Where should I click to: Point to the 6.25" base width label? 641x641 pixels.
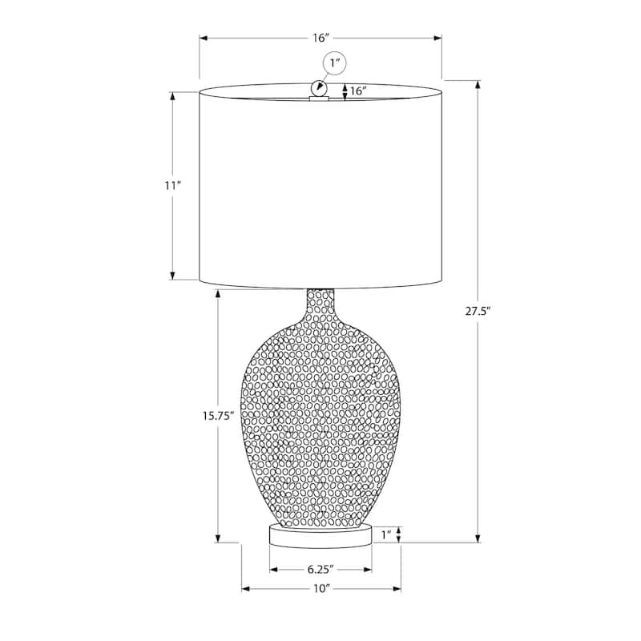point(320,570)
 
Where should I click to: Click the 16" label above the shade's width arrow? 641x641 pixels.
point(321,38)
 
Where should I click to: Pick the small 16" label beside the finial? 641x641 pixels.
point(358,91)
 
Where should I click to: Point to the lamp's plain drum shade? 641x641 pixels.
point(320,188)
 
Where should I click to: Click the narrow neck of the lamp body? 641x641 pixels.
point(320,303)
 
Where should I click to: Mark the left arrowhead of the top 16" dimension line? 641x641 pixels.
point(204,38)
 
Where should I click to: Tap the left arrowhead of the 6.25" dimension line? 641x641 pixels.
point(272,570)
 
